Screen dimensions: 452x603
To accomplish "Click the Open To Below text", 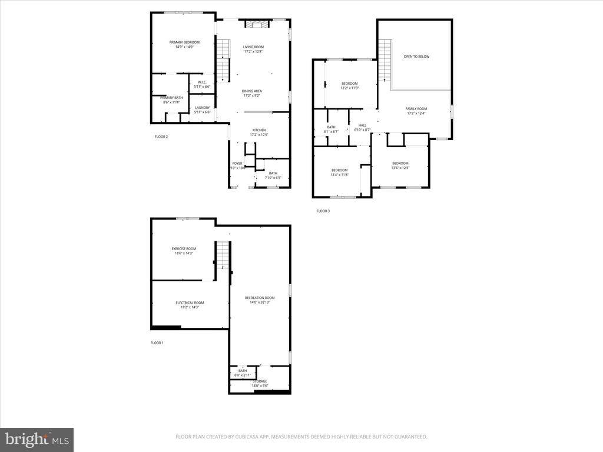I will pos(416,56).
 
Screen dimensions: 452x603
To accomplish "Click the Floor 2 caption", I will pos(161,137).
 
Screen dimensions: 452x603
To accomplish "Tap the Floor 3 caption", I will pos(323,211).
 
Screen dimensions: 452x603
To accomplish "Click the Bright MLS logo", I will pos(37,439).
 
